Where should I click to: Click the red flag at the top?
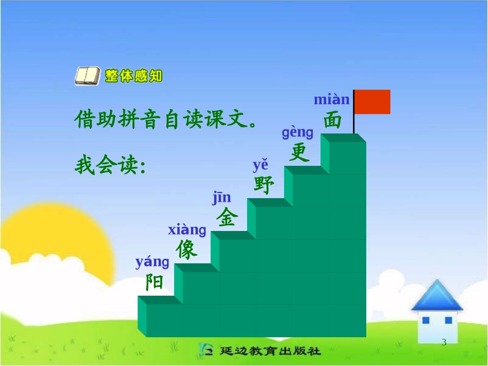372,102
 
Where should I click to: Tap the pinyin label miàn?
331,99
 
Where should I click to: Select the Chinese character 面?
332,120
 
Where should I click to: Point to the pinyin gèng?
297,132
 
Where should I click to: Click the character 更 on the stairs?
299,152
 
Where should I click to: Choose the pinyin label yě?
260,165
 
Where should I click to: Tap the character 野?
264,185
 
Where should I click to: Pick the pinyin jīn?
222,198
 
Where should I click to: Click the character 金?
227,218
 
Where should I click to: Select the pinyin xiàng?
187,230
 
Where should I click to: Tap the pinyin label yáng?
152,262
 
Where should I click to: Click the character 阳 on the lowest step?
154,282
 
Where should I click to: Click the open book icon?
88,76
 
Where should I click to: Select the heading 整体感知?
134,76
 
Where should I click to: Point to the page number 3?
444,343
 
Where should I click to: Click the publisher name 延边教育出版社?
270,352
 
